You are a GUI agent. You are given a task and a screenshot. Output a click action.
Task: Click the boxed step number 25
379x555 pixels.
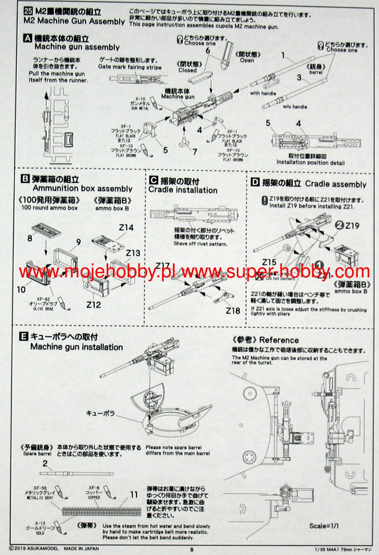point(28,12)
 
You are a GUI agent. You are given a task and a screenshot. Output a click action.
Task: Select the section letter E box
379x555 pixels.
point(24,337)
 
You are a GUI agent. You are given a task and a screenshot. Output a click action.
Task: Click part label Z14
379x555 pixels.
point(126,228)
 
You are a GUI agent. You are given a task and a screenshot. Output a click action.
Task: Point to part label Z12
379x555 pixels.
point(94,304)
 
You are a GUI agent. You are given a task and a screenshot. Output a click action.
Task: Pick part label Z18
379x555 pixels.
point(233,311)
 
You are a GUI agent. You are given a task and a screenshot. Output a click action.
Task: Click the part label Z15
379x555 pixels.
point(269,262)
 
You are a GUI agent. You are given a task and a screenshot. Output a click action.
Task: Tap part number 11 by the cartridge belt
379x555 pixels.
point(134,495)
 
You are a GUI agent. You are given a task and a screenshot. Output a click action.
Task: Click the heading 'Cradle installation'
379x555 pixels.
point(183,190)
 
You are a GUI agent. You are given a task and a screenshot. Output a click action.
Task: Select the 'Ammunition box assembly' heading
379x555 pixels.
point(82,188)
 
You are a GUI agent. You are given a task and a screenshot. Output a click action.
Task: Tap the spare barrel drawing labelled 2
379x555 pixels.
point(78,473)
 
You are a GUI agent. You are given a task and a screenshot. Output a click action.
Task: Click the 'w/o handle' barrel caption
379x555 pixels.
point(295,107)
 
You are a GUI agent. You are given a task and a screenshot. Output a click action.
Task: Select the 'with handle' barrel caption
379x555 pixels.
point(263,94)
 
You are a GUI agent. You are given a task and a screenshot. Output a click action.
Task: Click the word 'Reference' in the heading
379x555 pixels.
point(279,340)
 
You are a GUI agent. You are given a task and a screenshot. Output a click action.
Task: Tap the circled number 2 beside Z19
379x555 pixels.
point(339,225)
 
